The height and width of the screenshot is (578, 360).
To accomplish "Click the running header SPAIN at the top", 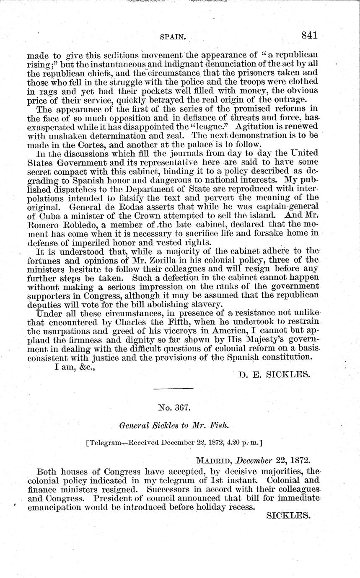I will click(x=173, y=37).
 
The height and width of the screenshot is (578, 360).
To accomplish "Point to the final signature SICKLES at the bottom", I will click(x=288, y=516).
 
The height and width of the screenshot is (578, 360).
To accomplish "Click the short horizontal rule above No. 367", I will click(x=173, y=389).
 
